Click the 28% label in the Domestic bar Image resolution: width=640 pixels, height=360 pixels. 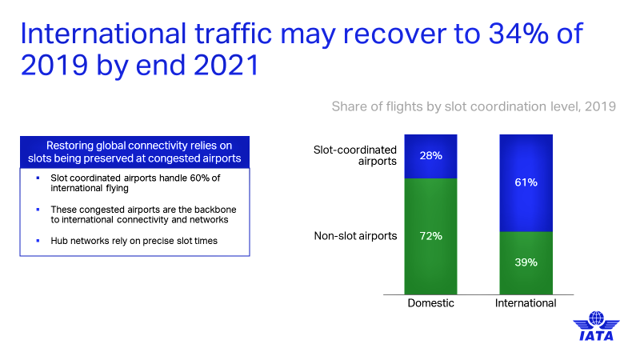pyautogui.click(x=431, y=154)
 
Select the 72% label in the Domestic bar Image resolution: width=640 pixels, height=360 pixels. pyautogui.click(x=431, y=236)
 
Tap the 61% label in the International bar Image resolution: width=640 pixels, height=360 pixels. pyautogui.click(x=526, y=182)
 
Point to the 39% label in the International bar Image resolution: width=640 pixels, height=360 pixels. pyautogui.click(x=526, y=262)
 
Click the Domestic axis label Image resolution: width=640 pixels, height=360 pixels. pyautogui.click(x=431, y=304)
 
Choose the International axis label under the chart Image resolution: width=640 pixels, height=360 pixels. pyautogui.click(x=526, y=304)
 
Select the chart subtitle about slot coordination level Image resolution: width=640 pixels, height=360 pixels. pyautogui.click(x=474, y=106)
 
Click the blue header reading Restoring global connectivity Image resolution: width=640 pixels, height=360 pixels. pyautogui.click(x=134, y=152)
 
